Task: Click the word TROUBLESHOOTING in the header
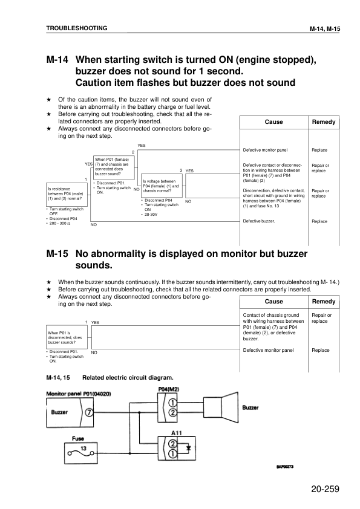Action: click(77, 28)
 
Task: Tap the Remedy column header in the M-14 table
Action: click(323, 122)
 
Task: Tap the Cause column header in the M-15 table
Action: click(273, 301)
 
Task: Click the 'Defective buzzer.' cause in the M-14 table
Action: click(259, 221)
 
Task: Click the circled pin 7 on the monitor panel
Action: click(89, 413)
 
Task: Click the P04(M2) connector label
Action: click(170, 389)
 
